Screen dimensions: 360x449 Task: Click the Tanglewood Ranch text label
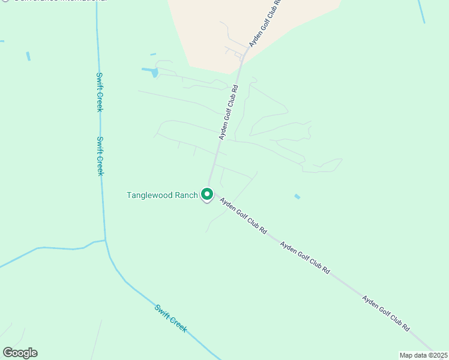(x=162, y=195)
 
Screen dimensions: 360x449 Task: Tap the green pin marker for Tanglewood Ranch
(x=207, y=194)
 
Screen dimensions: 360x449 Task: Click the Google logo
(x=20, y=353)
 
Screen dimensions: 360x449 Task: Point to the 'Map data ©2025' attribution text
(x=423, y=355)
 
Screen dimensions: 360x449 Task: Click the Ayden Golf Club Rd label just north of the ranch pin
(x=229, y=112)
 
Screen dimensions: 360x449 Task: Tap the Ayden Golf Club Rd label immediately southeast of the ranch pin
(x=243, y=215)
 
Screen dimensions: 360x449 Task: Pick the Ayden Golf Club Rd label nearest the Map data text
(x=385, y=313)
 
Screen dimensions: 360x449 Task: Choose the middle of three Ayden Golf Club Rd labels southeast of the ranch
(x=305, y=258)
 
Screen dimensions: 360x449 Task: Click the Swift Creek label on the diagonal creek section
(x=171, y=318)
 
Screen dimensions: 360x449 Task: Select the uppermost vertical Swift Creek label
(x=100, y=92)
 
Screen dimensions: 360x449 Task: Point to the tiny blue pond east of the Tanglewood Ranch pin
(x=297, y=196)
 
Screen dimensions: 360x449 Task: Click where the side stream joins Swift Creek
(x=105, y=241)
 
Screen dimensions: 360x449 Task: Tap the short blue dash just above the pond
(x=153, y=55)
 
